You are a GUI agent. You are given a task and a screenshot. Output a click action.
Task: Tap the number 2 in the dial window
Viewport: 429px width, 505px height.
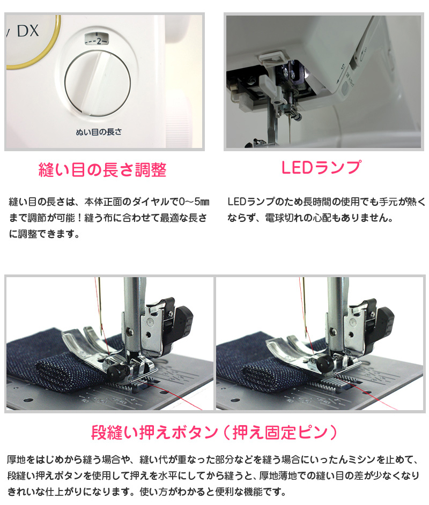point(99,41)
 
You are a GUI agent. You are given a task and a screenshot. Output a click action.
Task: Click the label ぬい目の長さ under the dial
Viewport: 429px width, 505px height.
point(99,132)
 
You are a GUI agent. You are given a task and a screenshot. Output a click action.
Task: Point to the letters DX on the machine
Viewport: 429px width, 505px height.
point(28,31)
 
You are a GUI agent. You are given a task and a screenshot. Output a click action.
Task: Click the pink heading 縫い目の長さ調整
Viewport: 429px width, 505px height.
point(102,170)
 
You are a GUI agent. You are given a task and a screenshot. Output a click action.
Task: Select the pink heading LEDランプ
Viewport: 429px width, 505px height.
point(321,167)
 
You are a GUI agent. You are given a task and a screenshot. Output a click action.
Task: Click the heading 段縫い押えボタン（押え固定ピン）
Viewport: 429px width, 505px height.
point(214,432)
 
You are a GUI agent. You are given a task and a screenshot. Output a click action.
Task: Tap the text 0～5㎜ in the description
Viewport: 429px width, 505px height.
point(194,202)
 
